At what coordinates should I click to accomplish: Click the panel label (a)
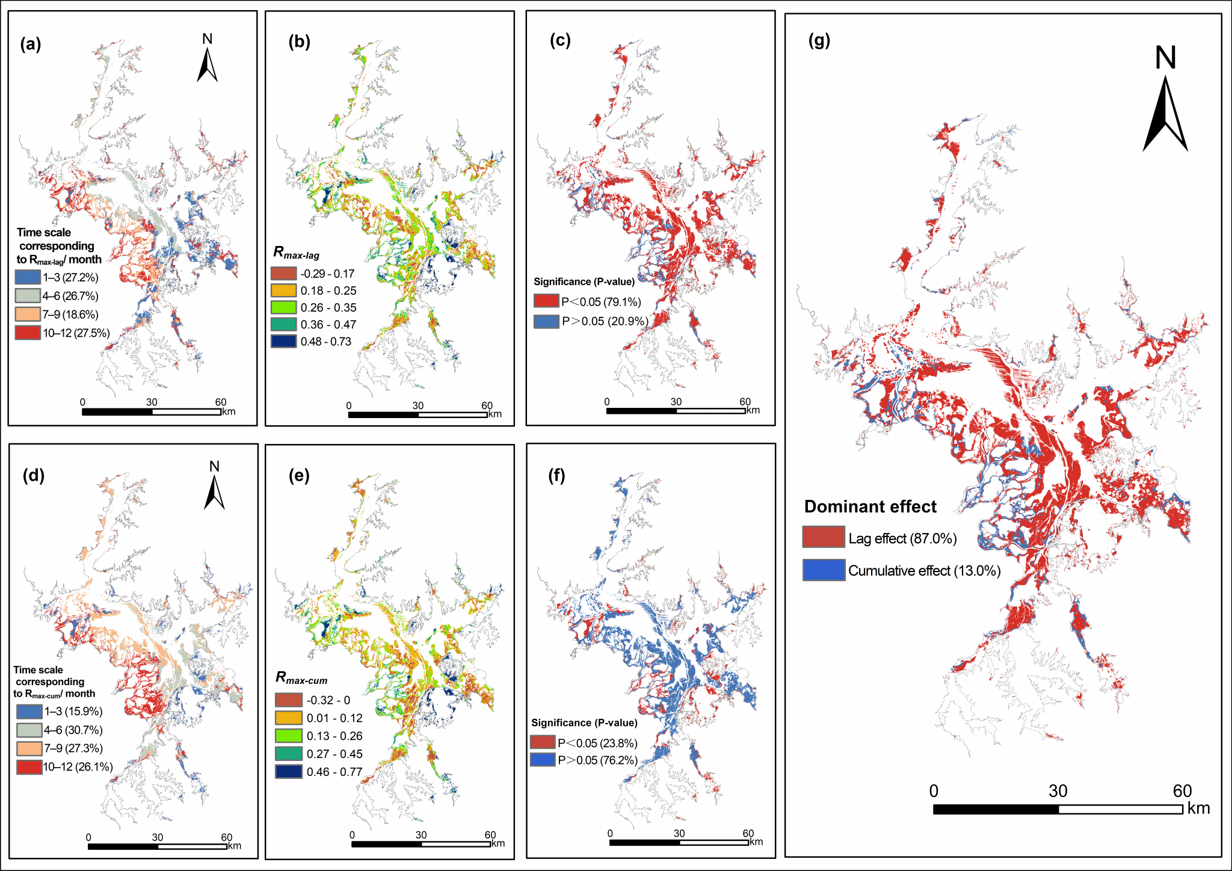(x=30, y=45)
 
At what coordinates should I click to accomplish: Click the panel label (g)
(x=819, y=41)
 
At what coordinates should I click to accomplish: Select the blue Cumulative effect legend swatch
(x=824, y=570)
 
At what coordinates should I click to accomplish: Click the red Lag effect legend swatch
(x=824, y=537)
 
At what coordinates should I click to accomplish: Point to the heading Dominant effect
(x=870, y=506)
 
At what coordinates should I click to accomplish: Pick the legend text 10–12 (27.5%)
(x=76, y=333)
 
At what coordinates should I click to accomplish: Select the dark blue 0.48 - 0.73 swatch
(x=283, y=341)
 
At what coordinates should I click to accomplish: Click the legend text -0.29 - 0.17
(x=328, y=274)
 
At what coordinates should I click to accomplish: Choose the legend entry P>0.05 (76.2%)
(x=597, y=760)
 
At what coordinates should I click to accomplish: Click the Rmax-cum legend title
(x=301, y=678)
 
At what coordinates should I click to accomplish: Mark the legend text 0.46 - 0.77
(x=334, y=772)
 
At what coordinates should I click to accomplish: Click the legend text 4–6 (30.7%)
(x=73, y=730)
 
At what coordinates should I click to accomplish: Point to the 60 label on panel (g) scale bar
(x=1182, y=791)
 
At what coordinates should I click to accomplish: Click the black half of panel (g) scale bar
(x=996, y=809)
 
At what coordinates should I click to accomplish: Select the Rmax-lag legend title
(x=297, y=253)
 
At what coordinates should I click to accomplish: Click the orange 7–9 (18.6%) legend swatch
(x=28, y=314)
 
